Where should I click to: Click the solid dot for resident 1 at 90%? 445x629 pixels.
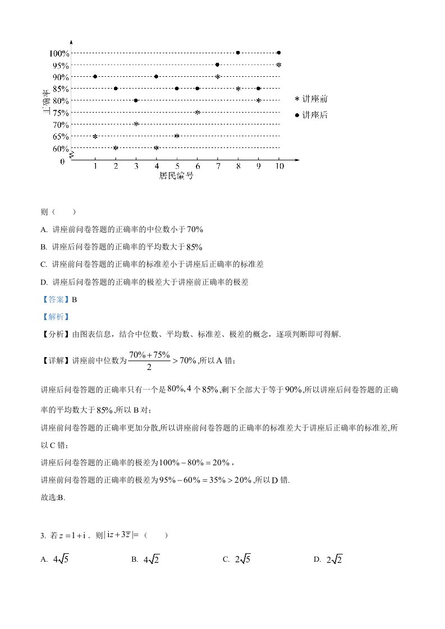[95, 77]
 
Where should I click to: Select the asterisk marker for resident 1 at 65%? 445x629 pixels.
[95, 136]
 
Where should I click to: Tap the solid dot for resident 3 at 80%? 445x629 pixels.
[136, 100]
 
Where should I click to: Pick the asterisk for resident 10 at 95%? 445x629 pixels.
[278, 65]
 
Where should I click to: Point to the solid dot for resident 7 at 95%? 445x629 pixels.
[217, 65]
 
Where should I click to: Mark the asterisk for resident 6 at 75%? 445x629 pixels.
[197, 112]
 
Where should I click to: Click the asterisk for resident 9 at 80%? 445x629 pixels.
[258, 100]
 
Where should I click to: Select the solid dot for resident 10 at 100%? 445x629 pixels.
[279, 53]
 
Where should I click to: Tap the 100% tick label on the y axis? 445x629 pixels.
[59, 53]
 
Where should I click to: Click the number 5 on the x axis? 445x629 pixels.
[177, 166]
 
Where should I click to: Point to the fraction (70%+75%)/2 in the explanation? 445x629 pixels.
[141, 360]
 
